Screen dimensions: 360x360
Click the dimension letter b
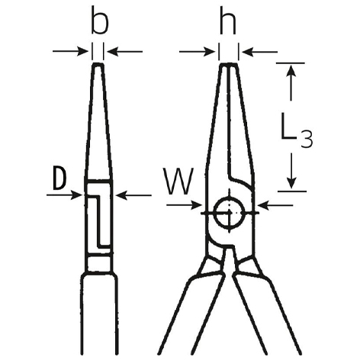click(x=100, y=21)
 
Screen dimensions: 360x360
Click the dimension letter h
click(x=228, y=21)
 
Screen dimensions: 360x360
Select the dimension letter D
click(x=59, y=178)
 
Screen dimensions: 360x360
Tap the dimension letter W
click(x=178, y=181)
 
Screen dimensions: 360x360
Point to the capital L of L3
click(x=288, y=126)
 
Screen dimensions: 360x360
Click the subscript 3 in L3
click(x=306, y=140)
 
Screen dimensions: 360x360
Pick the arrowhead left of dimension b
click(x=82, y=51)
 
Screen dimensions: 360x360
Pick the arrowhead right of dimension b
click(x=113, y=52)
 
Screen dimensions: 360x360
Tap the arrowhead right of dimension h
click(x=248, y=52)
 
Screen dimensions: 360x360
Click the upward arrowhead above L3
click(x=291, y=70)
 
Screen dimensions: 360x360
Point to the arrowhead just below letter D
click(x=76, y=195)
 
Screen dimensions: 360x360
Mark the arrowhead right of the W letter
click(x=196, y=204)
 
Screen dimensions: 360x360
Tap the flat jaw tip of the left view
click(x=98, y=64)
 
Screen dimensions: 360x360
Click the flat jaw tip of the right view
click(x=229, y=65)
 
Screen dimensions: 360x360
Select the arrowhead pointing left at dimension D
click(x=121, y=195)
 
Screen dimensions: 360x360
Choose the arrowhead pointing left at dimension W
click(x=263, y=205)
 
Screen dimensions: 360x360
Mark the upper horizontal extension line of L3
click(x=291, y=63)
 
